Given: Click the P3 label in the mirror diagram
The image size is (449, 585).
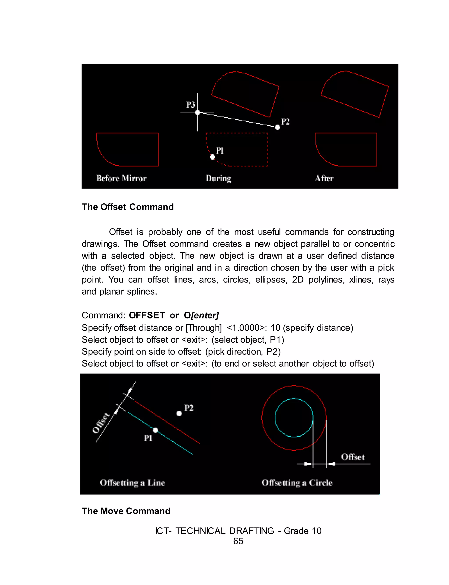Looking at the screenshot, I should pyautogui.click(x=190, y=105).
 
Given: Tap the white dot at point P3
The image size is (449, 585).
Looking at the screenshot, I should pyautogui.click(x=198, y=113).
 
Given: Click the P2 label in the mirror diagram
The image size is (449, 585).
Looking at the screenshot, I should pyautogui.click(x=285, y=122).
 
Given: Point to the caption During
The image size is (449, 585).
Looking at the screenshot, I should pyautogui.click(x=218, y=178).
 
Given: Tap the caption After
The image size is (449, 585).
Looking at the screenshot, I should pyautogui.click(x=324, y=178).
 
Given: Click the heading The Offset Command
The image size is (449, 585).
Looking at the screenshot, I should pyautogui.click(x=128, y=207).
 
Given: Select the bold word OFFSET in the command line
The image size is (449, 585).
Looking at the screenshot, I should pyautogui.click(x=147, y=315).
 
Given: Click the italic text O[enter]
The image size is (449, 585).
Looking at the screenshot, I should pyautogui.click(x=201, y=315).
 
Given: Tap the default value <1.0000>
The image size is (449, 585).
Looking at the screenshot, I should pyautogui.click(x=247, y=327).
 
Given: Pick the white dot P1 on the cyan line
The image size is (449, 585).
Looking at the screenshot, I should pyautogui.click(x=155, y=430).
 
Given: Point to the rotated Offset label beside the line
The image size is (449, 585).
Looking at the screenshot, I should pyautogui.click(x=101, y=423).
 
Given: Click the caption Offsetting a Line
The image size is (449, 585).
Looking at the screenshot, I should pyautogui.click(x=132, y=483).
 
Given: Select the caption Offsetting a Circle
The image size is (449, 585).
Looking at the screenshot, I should pyautogui.click(x=297, y=483).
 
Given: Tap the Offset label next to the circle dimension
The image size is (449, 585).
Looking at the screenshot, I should pyautogui.click(x=353, y=457).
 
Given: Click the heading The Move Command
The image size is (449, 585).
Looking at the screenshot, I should pyautogui.click(x=126, y=511).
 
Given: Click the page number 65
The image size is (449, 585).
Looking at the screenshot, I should pyautogui.click(x=238, y=541).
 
